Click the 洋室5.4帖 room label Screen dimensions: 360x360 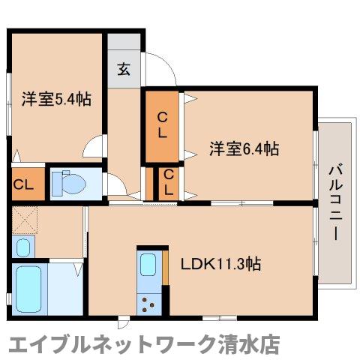point(56,98)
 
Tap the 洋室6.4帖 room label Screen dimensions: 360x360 point(244,148)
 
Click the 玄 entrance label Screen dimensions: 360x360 point(124,70)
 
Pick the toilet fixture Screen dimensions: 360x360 point(71,182)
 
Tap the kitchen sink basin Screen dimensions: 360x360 point(148,265)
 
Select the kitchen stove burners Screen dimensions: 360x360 point(149,304)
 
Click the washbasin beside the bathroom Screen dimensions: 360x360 point(22,246)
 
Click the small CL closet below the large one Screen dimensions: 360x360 point(169,182)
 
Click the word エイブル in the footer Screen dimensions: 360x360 point(37,344)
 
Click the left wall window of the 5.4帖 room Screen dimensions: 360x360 point(10,94)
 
